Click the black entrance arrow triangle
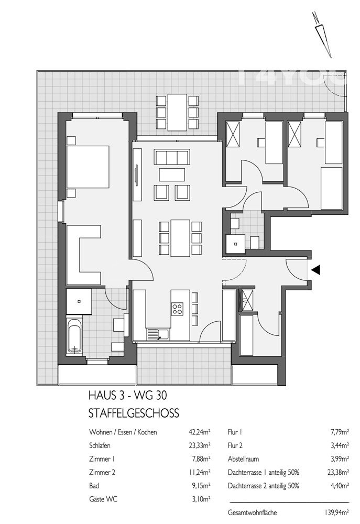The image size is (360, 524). click(x=316, y=270)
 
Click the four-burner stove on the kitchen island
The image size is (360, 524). click(x=178, y=309)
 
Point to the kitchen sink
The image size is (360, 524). click(x=155, y=333)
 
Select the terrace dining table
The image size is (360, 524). click(x=178, y=112)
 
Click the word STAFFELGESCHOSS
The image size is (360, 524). click(x=134, y=413)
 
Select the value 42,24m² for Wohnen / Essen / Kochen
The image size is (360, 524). click(x=199, y=433)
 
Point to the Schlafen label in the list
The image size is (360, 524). click(x=101, y=445)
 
